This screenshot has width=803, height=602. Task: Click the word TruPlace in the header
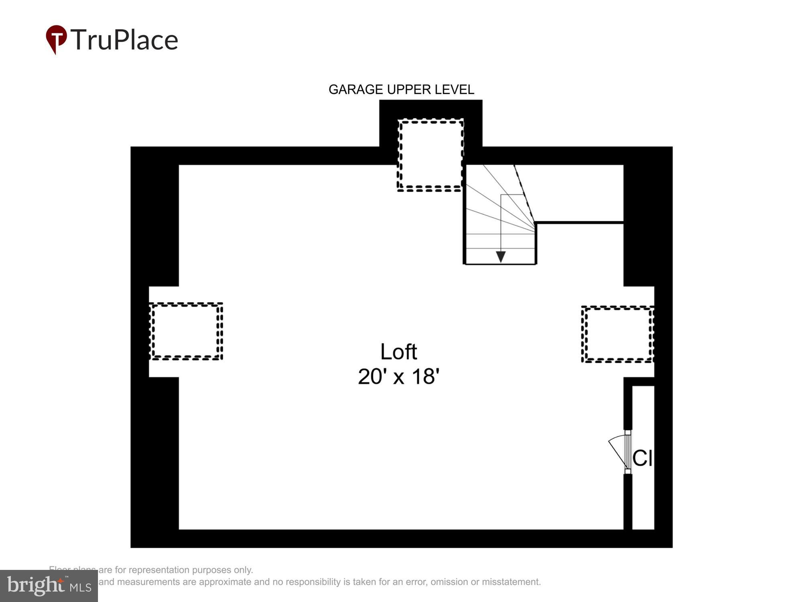124,40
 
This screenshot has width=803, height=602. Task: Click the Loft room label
398,352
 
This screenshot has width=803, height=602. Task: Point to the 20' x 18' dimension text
398,376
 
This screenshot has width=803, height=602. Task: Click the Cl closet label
642,458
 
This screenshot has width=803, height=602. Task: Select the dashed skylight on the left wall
186,331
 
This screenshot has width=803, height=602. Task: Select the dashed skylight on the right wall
618,334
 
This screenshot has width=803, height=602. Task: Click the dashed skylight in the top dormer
430,155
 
